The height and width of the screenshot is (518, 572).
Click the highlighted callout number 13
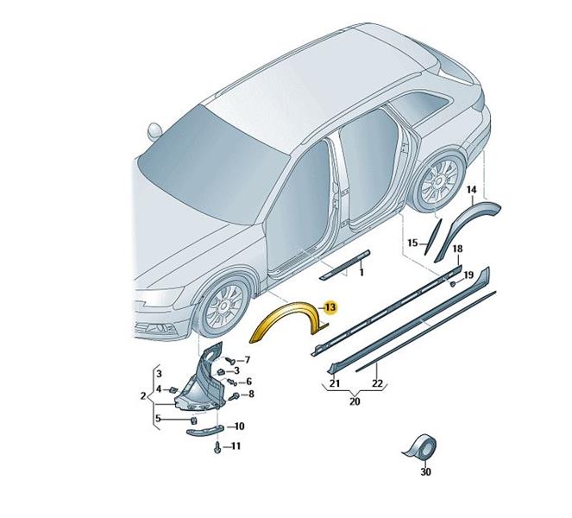click(330, 307)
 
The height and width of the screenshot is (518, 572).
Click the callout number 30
click(425, 472)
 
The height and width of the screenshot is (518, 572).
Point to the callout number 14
click(471, 190)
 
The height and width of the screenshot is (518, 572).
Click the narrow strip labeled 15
click(433, 237)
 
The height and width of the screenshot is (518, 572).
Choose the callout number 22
click(378, 383)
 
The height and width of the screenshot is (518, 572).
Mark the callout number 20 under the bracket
click(355, 401)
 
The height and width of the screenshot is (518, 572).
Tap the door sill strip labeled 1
click(345, 265)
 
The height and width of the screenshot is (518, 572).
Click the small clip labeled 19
click(453, 284)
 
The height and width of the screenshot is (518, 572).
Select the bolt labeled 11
click(217, 448)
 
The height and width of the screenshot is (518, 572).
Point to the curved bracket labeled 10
click(204, 432)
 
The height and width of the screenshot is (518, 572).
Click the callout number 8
click(251, 395)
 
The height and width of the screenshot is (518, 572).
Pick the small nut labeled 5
click(194, 421)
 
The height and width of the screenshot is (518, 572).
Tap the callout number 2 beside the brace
click(143, 395)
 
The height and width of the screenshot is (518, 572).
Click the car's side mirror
click(154, 131)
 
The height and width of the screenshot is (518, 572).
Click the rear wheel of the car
click(440, 182)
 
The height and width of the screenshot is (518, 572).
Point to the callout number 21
click(335, 383)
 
